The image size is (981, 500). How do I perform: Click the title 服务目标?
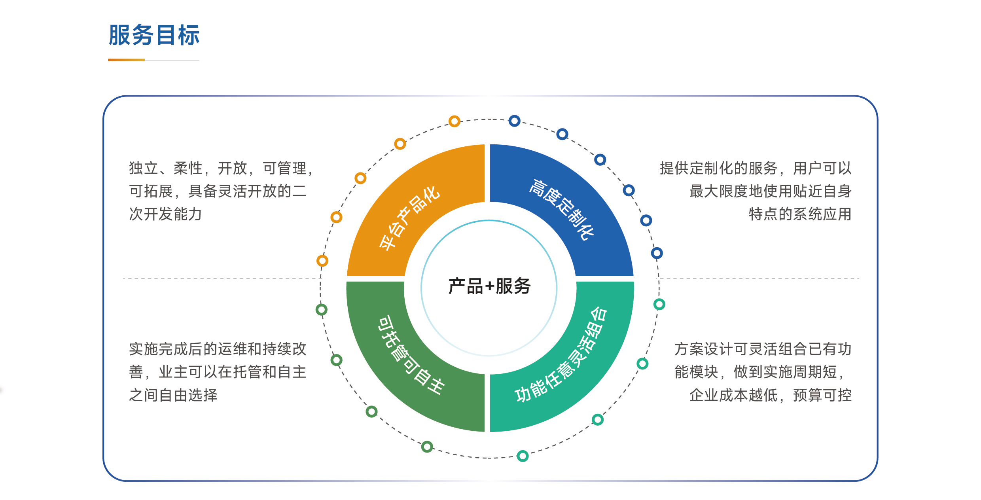[154, 35]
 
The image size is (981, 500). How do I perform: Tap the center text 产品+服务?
[489, 286]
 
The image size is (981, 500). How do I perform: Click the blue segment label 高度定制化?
[562, 210]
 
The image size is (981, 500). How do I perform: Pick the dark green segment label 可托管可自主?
[411, 355]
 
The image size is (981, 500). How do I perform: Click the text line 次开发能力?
[165, 214]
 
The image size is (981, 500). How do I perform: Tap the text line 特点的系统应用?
[800, 214]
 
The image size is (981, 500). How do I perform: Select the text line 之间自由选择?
[173, 395]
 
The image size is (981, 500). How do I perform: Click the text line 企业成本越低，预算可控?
[770, 395]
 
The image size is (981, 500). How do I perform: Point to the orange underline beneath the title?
[126, 60]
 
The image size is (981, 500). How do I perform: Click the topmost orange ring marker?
[455, 121]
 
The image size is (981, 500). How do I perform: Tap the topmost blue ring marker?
[514, 121]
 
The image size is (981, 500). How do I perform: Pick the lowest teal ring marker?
[523, 456]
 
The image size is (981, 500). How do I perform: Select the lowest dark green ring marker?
[427, 447]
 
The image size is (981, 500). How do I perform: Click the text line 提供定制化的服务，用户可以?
[756, 168]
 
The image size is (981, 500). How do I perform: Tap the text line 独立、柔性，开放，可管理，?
[222, 168]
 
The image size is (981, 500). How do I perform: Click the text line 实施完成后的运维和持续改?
[218, 349]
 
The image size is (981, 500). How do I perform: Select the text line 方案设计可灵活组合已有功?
[763, 349]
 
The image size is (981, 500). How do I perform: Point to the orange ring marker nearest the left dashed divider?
[322, 261]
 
